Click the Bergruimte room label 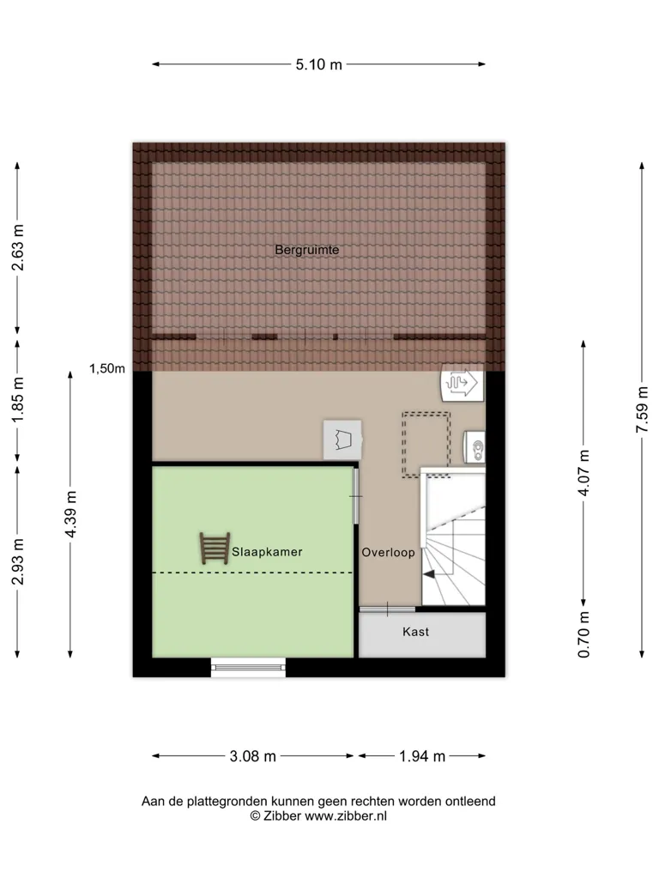[307, 250]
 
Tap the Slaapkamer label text [268, 552]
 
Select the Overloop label [389, 553]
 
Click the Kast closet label [416, 632]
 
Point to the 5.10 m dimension [319, 64]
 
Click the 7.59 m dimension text [642, 409]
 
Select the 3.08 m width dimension [253, 756]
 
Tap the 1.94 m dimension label [422, 756]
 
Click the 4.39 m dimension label [70, 514]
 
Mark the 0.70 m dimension [583, 634]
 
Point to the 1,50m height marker [107, 368]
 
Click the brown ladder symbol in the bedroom [215, 549]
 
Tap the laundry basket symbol [342, 439]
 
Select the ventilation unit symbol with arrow [463, 383]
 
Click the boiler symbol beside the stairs [475, 447]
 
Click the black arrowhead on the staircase [429, 574]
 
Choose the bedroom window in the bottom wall [248, 667]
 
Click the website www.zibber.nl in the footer [346, 816]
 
